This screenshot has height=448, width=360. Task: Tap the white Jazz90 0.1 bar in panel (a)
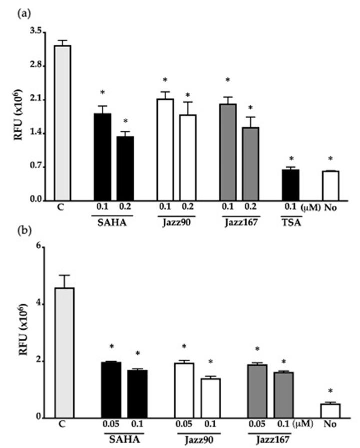coord(165,150)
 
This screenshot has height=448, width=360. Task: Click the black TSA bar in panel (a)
coord(291,185)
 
